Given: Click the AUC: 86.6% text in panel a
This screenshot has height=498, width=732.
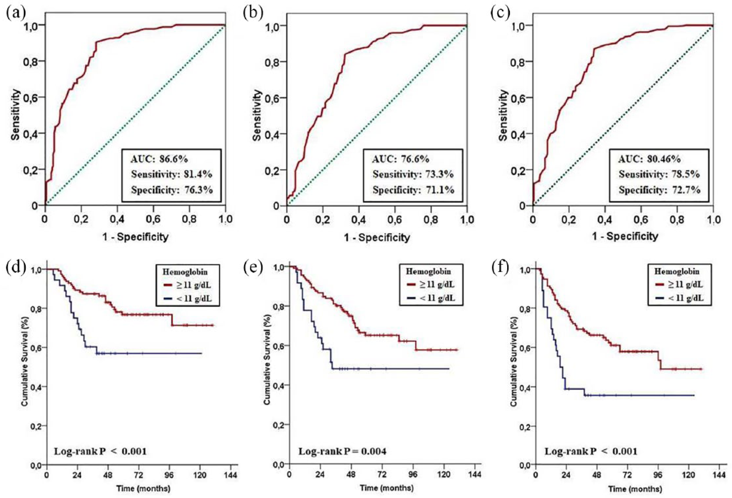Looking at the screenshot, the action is click(x=159, y=159).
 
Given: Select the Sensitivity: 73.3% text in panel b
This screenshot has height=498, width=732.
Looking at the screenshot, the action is click(x=413, y=174).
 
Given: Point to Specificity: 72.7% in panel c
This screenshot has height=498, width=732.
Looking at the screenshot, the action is click(x=659, y=190).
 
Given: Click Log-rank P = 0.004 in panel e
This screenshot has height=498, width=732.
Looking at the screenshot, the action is click(x=342, y=451).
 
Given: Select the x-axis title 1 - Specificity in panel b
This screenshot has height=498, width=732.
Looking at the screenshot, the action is click(x=377, y=237).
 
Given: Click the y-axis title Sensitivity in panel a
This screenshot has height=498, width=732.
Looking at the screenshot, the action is click(x=15, y=115).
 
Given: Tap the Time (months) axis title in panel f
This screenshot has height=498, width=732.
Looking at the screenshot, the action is click(x=635, y=489).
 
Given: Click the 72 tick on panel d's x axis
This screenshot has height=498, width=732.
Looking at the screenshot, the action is click(x=138, y=475).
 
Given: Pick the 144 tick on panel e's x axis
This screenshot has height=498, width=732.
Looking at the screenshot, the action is click(x=475, y=474).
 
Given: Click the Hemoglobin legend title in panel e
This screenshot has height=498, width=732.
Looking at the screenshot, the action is click(x=429, y=271).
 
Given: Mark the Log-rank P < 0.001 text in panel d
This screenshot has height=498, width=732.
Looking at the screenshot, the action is click(x=100, y=451).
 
